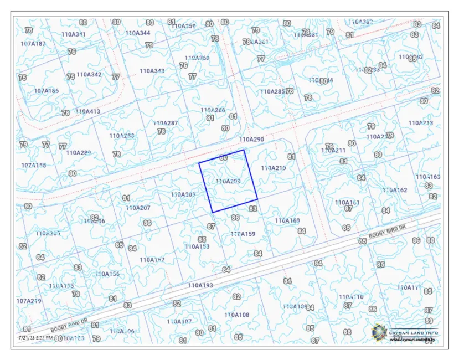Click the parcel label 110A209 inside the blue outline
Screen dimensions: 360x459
click(227, 181)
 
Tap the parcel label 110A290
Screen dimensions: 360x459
click(252, 140)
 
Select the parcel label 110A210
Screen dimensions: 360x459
click(273, 167)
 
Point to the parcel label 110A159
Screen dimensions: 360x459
click(243, 234)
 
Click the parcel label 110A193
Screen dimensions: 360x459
click(200, 285)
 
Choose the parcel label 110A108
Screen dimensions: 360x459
click(237, 315)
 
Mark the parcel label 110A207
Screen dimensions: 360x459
click(138, 208)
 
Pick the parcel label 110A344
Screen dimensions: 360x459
click(138, 33)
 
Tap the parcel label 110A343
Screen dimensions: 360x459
click(152, 71)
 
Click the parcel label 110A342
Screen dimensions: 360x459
click(89, 74)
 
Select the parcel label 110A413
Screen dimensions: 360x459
click(88, 111)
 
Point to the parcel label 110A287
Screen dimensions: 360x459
click(166, 123)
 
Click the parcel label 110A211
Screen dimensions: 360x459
click(333, 150)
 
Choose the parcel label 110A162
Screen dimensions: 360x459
click(395, 190)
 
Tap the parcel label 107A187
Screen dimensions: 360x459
click(33, 43)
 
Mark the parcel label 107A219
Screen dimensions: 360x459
click(28, 301)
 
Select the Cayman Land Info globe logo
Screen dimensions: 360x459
click(380, 332)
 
